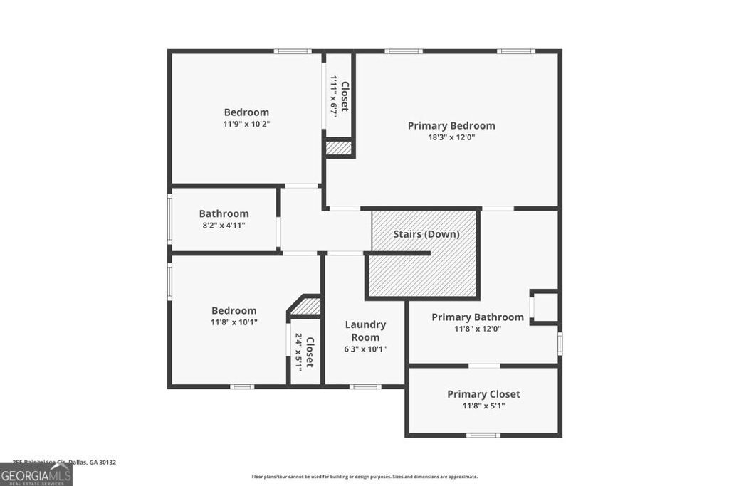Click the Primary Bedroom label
click(451, 125)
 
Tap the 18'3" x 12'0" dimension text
click(451, 137)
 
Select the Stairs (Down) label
click(426, 233)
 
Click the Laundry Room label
click(365, 331)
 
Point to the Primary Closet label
click(483, 393)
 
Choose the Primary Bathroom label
click(478, 317)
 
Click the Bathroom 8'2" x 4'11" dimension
click(224, 226)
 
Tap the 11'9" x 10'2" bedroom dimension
click(246, 124)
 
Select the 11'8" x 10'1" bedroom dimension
click(234, 322)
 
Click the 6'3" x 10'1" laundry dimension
click(365, 349)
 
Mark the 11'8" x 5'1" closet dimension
click(483, 406)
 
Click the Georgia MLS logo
click(36, 475)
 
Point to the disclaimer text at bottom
click(364, 477)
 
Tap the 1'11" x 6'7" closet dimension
click(332, 97)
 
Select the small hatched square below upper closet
click(339, 148)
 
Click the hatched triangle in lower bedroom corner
click(308, 307)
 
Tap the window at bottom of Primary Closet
click(483, 435)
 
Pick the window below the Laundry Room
click(365, 386)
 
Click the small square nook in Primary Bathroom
click(545, 307)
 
